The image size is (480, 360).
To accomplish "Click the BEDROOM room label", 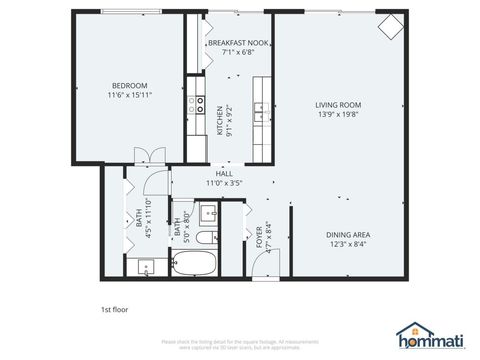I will coord(129,85).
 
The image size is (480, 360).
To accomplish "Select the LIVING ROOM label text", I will coord(338,104).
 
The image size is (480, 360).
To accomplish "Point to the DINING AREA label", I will coord(346,234).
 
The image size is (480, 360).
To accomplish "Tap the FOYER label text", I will coord(259,238).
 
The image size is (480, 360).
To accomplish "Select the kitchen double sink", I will coord(258,110).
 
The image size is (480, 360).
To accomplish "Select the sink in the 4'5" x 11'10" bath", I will coord(146,267).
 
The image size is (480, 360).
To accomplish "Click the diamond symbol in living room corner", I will coord(388,26).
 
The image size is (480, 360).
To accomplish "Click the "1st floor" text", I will coord(115,309).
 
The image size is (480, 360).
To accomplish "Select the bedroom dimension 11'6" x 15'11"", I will coord(129,94).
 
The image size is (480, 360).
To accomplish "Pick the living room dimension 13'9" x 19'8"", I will coord(338,113).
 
